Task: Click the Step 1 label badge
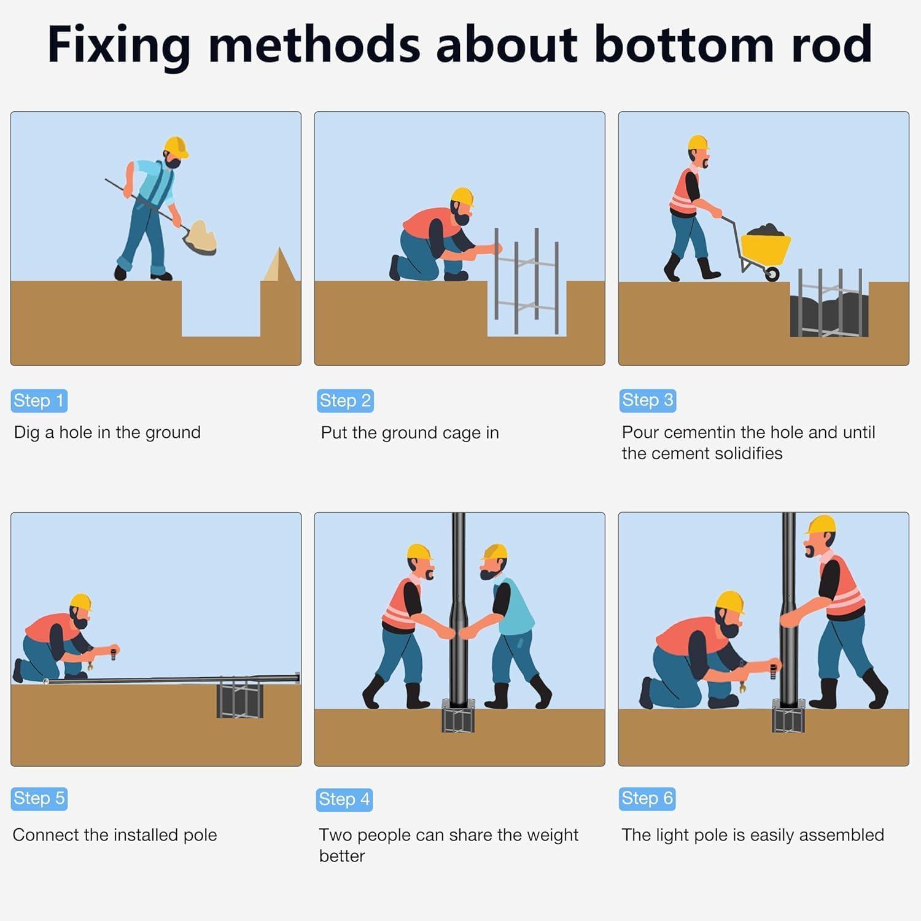click(39, 401)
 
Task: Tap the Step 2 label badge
click(345, 401)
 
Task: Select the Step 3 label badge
click(648, 400)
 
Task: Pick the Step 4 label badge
click(344, 799)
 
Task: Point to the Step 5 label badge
click(39, 798)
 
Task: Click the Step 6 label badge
click(648, 798)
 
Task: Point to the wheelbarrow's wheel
click(772, 273)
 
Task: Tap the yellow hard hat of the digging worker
click(176, 147)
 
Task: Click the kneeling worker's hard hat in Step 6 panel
click(731, 602)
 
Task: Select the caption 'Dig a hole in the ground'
click(107, 433)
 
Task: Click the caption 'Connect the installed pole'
click(115, 835)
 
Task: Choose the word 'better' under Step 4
click(342, 856)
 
